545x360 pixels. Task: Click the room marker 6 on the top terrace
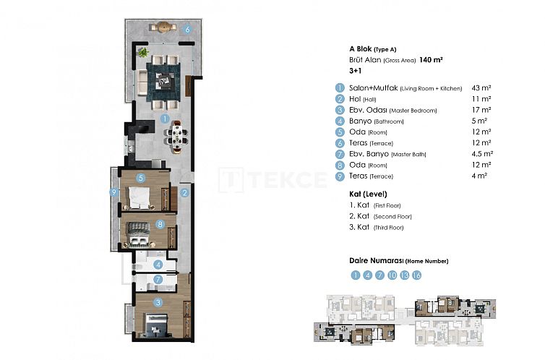[x=187, y=30]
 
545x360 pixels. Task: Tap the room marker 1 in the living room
[x=165, y=119]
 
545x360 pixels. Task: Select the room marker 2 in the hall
[x=185, y=192]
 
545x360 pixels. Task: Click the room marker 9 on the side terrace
[x=114, y=192]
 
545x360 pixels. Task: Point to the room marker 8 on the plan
[x=161, y=224]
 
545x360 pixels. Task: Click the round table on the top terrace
[x=163, y=27]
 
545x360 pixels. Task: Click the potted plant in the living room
[x=144, y=53]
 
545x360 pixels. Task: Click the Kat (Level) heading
[x=368, y=194]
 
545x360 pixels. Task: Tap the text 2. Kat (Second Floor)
[x=380, y=216]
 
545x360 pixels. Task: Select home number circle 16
[x=416, y=275]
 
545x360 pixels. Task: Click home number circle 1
[x=355, y=275]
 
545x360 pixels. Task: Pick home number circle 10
[x=392, y=275]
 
